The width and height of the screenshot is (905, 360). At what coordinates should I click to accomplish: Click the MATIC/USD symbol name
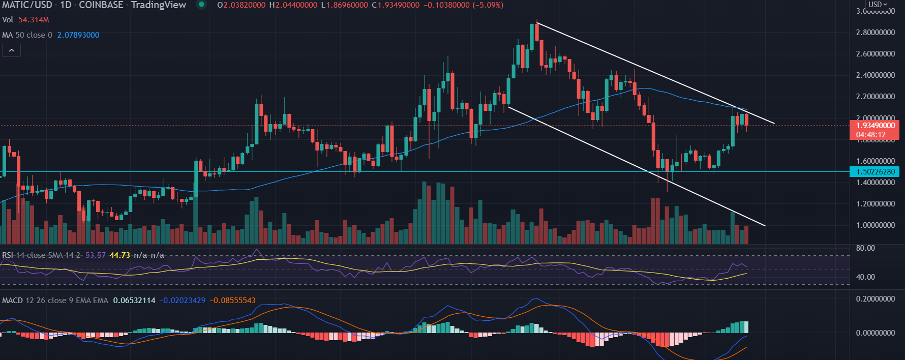27,5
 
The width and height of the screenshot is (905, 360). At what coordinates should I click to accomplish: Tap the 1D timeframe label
66,5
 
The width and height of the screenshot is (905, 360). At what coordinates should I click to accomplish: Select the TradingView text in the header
158,5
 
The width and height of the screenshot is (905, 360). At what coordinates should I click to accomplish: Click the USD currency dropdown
877,5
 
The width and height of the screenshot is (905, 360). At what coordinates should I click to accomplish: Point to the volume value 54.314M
34,20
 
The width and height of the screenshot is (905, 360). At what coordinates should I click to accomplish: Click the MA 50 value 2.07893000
78,35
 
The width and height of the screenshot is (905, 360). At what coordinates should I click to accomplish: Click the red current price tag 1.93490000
874,126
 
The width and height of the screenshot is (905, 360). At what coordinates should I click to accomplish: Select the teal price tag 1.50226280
874,172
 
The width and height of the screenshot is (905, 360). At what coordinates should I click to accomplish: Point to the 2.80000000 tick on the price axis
876,33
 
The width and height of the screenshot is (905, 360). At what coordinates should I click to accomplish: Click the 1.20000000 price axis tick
876,204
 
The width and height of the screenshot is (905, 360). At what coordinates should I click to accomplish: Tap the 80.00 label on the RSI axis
865,248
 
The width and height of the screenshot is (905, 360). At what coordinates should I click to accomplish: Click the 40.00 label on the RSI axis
865,277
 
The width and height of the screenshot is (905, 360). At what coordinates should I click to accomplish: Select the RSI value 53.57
96,255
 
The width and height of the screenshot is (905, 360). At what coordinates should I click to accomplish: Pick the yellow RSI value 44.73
120,255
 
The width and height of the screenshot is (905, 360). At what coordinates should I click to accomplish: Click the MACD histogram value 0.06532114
134,301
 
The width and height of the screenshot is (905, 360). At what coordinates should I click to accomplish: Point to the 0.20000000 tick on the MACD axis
876,299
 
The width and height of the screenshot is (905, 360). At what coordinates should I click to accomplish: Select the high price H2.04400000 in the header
293,5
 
